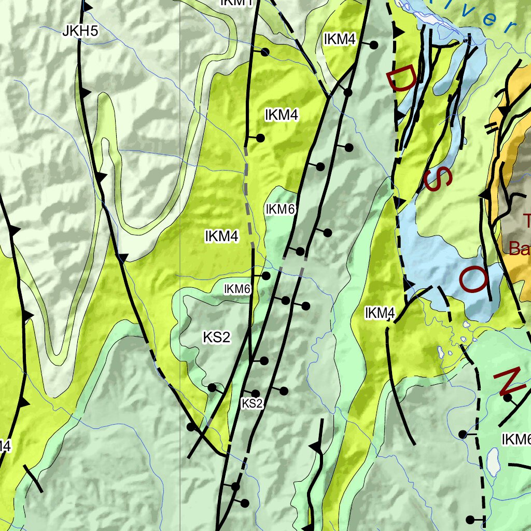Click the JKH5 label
80,32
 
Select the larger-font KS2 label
216,338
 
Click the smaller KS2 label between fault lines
253,403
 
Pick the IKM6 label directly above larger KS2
237,289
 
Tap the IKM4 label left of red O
380,313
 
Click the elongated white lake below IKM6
492,462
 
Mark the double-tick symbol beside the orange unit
491,125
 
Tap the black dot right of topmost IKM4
373,45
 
